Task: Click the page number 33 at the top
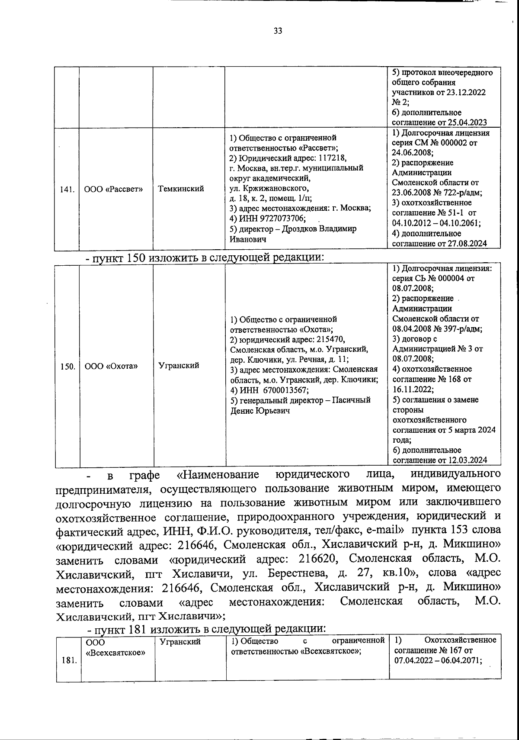pyautogui.click(x=278, y=31)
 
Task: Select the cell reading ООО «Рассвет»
pyautogui.click(x=114, y=189)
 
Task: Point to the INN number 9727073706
pyautogui.click(x=278, y=219)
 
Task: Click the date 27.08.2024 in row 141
pyautogui.click(x=467, y=244)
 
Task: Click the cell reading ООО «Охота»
pyautogui.click(x=111, y=366)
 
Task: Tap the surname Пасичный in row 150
pyautogui.click(x=351, y=400)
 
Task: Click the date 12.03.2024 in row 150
pyautogui.click(x=467, y=460)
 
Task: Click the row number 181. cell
pyautogui.click(x=67, y=661)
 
